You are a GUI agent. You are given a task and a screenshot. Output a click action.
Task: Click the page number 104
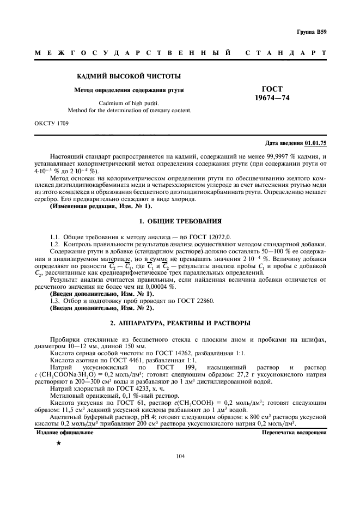click(x=180, y=457)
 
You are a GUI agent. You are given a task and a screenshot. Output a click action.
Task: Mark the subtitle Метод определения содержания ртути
click(x=129, y=89)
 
